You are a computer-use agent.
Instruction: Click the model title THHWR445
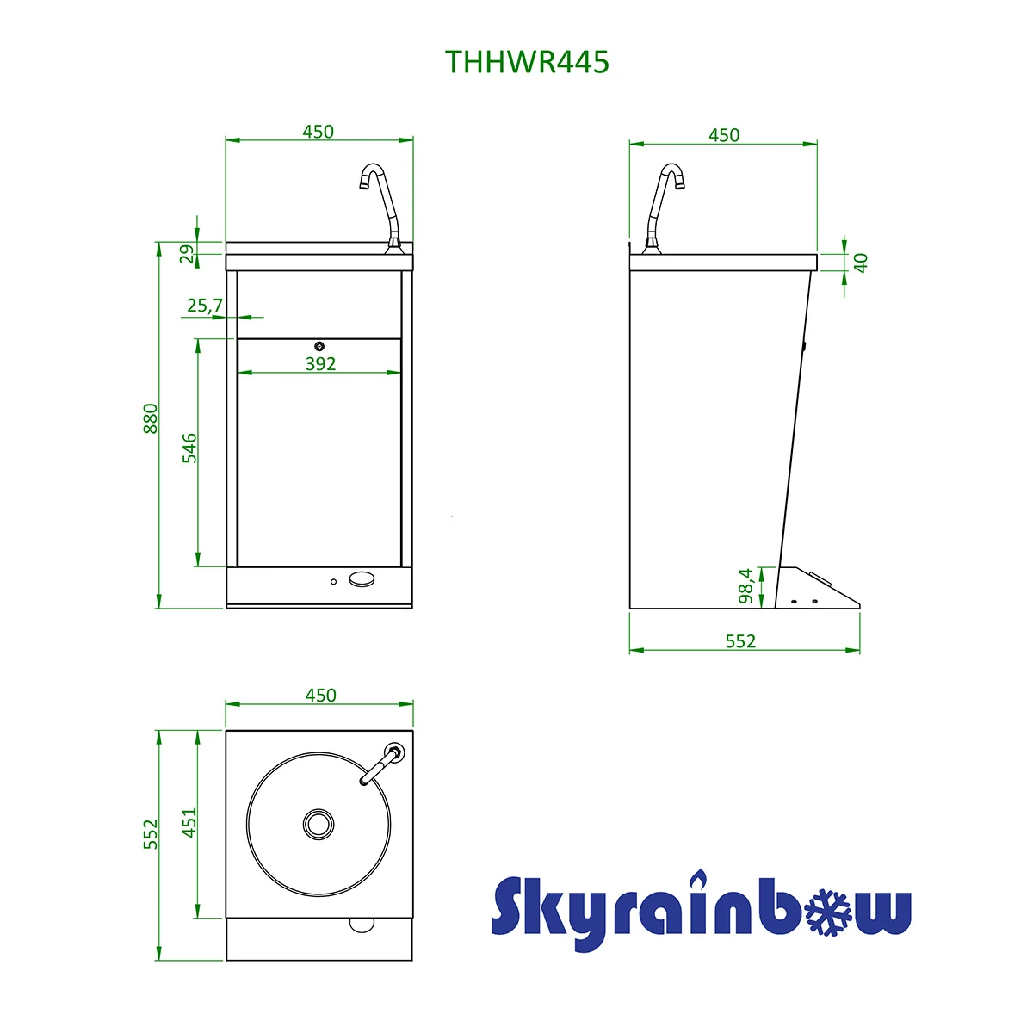[x=527, y=62]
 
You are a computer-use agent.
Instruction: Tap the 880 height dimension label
[x=151, y=418]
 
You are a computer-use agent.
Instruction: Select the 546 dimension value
[x=189, y=448]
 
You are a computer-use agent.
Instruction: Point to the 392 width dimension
[x=320, y=364]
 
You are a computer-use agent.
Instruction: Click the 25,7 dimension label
[x=205, y=306]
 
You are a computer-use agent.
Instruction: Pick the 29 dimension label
[x=187, y=254]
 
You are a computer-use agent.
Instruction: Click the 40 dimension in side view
[x=860, y=263]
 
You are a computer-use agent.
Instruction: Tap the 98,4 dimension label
[x=745, y=586]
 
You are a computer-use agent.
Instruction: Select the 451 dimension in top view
[x=189, y=822]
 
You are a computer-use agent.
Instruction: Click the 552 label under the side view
[x=740, y=641]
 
